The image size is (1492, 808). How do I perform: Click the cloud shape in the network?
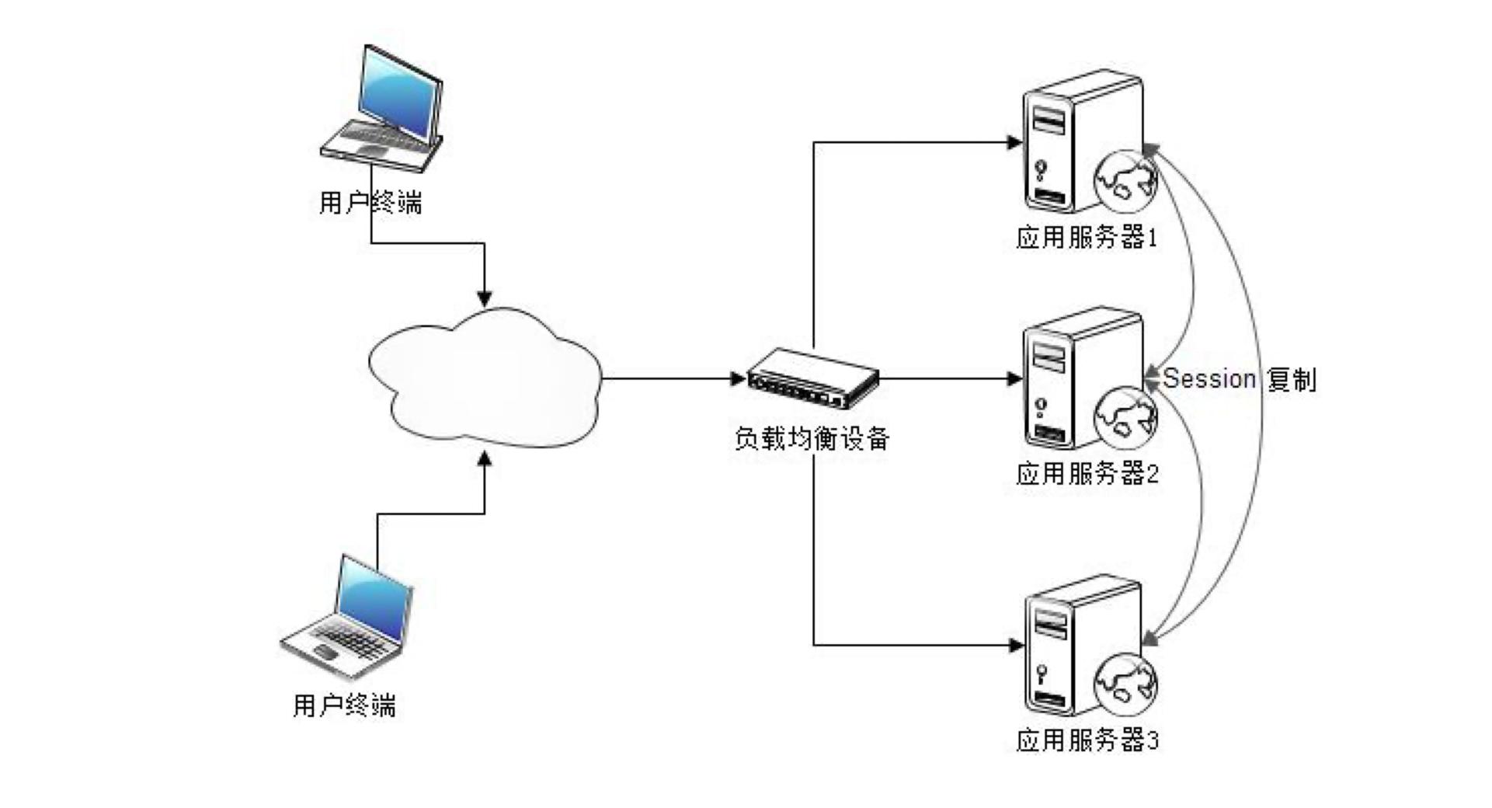pos(485,379)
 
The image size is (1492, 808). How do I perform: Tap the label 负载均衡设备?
pos(812,439)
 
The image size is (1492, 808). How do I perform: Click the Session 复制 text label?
pos(1240,379)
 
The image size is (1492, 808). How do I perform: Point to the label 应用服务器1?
pos(1087,238)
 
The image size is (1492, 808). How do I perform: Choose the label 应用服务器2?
pos(1087,474)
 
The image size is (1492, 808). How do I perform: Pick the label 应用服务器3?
pos(1087,740)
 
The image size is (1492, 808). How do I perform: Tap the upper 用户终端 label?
pos(370,204)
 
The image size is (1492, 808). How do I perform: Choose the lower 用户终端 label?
pos(344,705)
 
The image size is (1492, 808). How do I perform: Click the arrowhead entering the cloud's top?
pos(485,298)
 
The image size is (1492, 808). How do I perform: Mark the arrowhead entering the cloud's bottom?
pos(485,460)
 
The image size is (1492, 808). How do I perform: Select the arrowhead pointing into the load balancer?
pos(738,379)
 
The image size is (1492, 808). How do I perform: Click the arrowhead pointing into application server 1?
pos(1014,142)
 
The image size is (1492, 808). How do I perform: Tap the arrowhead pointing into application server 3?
pos(1014,645)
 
